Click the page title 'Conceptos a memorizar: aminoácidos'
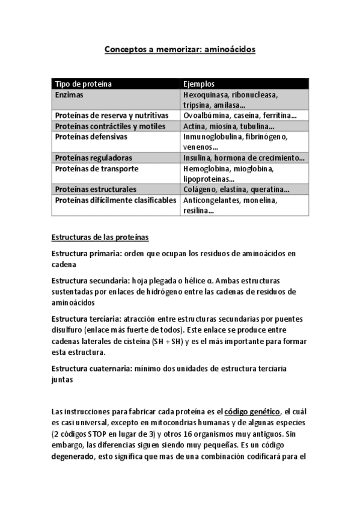(180, 49)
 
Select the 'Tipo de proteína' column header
(84, 84)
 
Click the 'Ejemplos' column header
(199, 84)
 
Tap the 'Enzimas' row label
(69, 96)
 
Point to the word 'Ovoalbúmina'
(206, 115)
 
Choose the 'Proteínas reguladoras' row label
(93, 158)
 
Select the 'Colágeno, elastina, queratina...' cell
(236, 189)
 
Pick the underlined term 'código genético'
(252, 411)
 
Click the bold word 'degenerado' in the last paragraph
(73, 456)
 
